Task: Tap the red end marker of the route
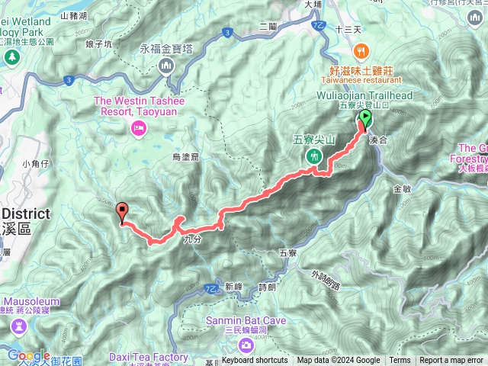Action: click(123, 212)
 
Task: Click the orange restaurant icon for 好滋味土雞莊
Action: click(362, 51)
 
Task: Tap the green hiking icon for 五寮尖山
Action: click(313, 156)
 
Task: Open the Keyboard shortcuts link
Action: click(255, 361)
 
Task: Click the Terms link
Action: click(400, 361)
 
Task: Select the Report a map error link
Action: click(453, 361)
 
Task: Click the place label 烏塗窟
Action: click(186, 157)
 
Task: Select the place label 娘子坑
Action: click(99, 44)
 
